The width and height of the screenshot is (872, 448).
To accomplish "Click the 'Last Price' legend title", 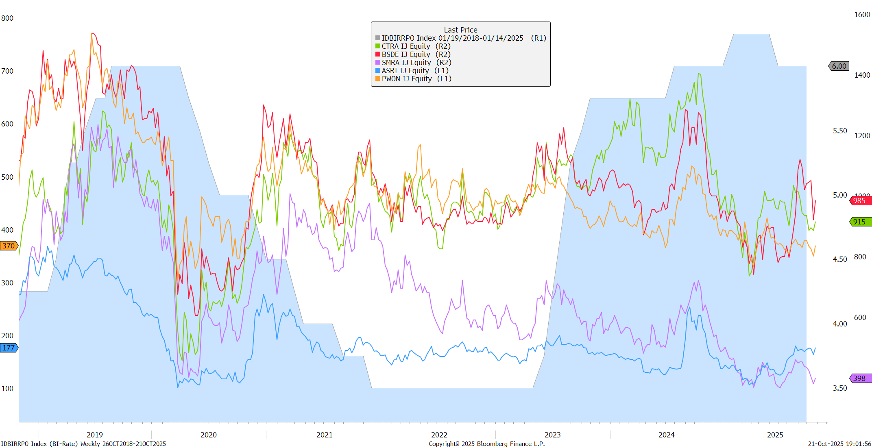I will (460, 30).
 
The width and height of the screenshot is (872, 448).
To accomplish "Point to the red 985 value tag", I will (859, 201).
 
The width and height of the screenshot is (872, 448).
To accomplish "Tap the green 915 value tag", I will (859, 222).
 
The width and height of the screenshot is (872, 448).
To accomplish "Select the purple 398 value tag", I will (859, 378).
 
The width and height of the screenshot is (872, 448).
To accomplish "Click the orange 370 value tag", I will (9, 246).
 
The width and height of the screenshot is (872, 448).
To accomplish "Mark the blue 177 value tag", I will (9, 348).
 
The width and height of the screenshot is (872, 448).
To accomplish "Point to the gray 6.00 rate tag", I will (839, 66).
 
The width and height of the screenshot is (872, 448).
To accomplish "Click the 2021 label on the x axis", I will (324, 435).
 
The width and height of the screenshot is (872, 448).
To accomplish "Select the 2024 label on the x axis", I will (666, 435).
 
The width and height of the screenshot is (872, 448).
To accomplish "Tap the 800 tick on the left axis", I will (7, 18).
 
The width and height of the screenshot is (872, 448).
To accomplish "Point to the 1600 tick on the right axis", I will (862, 15).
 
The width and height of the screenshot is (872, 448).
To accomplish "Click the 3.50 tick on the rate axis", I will (840, 388).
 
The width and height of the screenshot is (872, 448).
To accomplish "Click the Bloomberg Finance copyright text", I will (486, 444).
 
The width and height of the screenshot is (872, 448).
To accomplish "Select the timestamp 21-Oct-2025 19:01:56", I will (839, 444).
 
